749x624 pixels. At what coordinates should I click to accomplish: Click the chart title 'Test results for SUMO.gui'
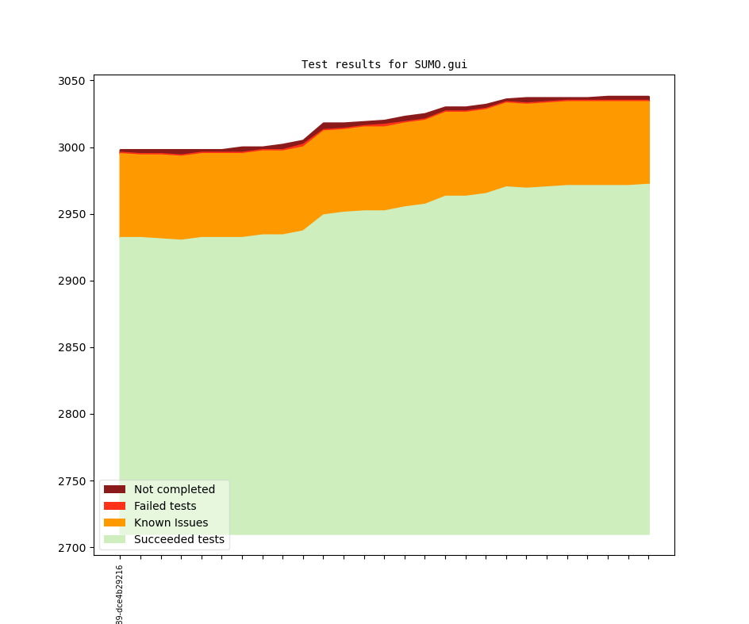[x=384, y=65]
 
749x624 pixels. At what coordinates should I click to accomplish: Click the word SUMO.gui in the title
[x=440, y=65]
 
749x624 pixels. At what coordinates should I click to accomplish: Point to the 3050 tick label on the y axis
[x=72, y=81]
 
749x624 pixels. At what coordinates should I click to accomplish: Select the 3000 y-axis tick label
[x=72, y=147]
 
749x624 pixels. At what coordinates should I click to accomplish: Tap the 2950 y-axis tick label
[x=72, y=214]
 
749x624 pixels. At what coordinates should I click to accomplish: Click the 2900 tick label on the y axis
[x=72, y=281]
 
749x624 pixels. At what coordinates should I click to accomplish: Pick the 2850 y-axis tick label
[x=72, y=347]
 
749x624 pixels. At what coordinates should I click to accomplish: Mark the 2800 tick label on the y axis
[x=72, y=414]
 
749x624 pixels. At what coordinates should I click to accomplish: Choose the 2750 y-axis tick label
[x=72, y=481]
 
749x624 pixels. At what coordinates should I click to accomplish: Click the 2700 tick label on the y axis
[x=72, y=548]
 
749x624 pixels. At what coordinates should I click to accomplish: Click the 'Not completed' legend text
[x=175, y=489]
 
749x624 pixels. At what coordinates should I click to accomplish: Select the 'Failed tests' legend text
[x=165, y=506]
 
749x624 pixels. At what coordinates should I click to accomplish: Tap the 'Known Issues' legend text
[x=171, y=523]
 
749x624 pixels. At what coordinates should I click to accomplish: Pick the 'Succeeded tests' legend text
[x=179, y=539]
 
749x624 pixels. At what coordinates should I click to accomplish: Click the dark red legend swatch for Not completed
[x=115, y=489]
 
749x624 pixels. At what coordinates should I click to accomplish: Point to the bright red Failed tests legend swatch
[x=115, y=506]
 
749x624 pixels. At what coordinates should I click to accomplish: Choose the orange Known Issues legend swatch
[x=115, y=523]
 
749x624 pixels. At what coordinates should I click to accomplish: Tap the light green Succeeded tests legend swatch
[x=115, y=539]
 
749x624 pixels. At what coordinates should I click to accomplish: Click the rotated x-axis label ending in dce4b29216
[x=120, y=595]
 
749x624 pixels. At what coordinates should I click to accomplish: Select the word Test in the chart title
[x=314, y=65]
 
